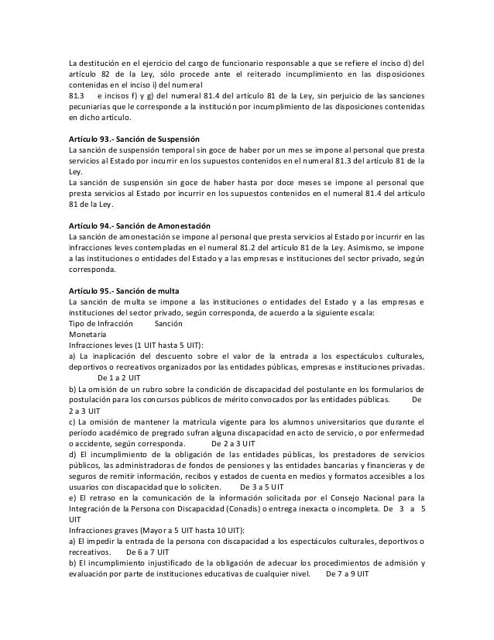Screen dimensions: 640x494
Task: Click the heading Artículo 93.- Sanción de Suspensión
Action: (134, 136)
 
